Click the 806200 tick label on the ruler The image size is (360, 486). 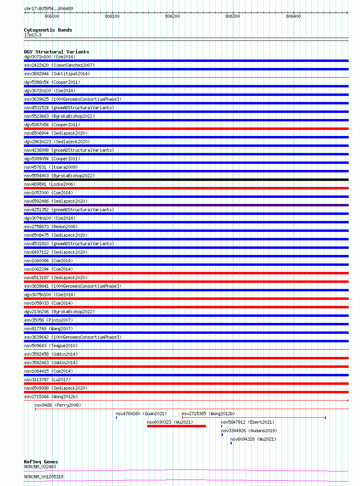click(172, 16)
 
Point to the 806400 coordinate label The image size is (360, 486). click(293, 16)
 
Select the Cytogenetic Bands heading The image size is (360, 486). click(48, 30)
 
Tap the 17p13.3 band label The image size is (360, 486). click(33, 35)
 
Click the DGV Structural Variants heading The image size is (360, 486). click(56, 52)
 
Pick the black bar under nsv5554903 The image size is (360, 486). click(186, 180)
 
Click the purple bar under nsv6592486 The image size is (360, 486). click(186, 205)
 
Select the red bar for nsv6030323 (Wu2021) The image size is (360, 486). click(176, 426)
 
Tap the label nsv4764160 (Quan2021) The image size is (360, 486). click(141, 414)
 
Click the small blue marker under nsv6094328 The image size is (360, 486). click(231, 443)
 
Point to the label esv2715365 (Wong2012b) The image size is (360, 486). click(208, 414)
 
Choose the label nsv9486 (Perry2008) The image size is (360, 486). click(58, 405)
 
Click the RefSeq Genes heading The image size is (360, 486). click(41, 462)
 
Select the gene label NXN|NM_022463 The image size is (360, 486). click(40, 467)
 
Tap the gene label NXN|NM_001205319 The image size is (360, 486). click(44, 477)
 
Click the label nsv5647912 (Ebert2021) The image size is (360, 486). click(247, 422)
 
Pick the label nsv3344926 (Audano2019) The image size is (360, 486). click(249, 431)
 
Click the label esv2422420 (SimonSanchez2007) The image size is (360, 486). click(59, 65)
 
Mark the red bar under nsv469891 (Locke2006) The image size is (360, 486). click(186, 188)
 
